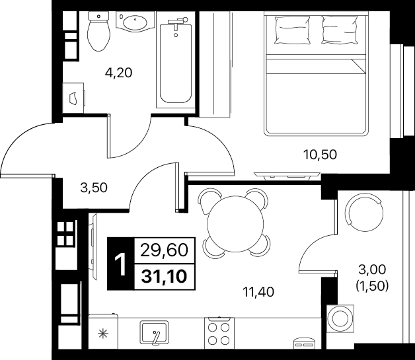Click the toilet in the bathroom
[x=98, y=31]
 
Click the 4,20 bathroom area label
[x=118, y=73]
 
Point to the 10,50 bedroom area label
[x=321, y=155]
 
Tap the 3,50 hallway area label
[x=94, y=188]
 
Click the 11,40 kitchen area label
[x=258, y=292]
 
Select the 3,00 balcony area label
[x=372, y=270]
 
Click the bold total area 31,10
[x=164, y=277]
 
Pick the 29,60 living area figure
[x=164, y=250]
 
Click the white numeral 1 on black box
[x=121, y=264]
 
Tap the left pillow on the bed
[x=292, y=30]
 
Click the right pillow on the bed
[x=340, y=30]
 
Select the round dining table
[x=235, y=223]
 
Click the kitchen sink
[x=154, y=333]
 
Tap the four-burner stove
[x=219, y=332]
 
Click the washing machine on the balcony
[x=340, y=318]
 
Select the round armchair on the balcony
[x=364, y=212]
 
